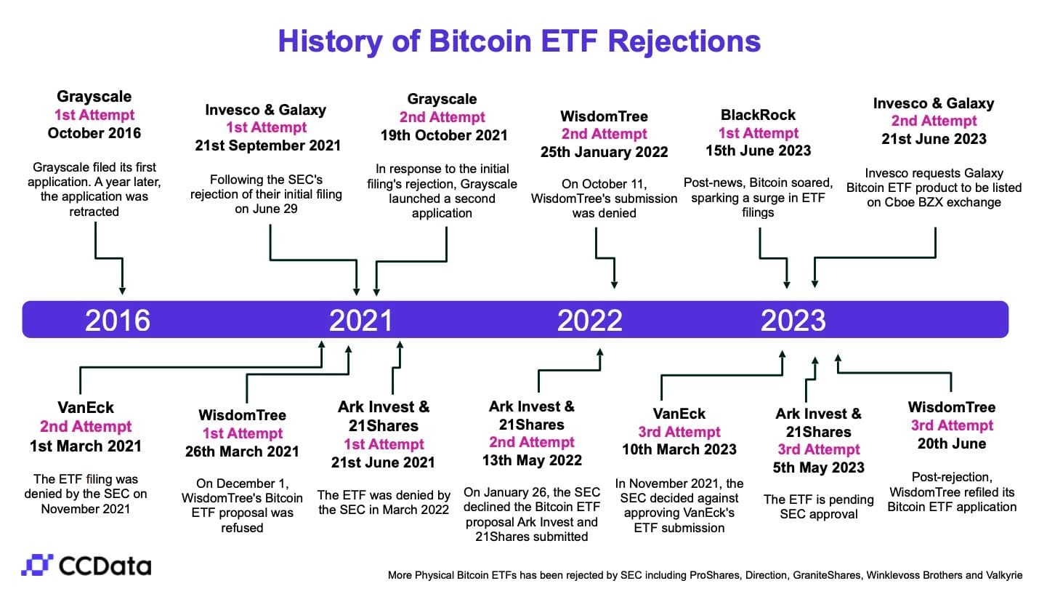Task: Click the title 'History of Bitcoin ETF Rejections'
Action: click(x=519, y=41)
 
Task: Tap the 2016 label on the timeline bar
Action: click(x=118, y=320)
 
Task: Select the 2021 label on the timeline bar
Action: click(x=361, y=320)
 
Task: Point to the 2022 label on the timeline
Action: click(x=590, y=320)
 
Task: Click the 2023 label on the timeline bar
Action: click(x=793, y=320)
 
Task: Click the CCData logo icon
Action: click(x=36, y=566)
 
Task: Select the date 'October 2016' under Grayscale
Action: click(x=94, y=133)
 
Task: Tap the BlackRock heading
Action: click(x=758, y=115)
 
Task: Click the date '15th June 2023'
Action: click(x=758, y=150)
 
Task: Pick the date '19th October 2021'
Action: click(x=443, y=135)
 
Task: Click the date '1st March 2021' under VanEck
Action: click(x=86, y=445)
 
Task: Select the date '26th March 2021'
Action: click(x=242, y=451)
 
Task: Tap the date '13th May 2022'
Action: click(x=532, y=459)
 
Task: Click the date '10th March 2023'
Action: click(x=679, y=449)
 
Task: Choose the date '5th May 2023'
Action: click(x=818, y=467)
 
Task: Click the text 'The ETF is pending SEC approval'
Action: click(x=818, y=507)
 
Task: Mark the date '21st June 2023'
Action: click(x=934, y=138)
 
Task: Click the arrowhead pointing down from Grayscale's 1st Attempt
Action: click(x=122, y=290)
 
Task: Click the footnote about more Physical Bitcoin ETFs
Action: click(x=705, y=575)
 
